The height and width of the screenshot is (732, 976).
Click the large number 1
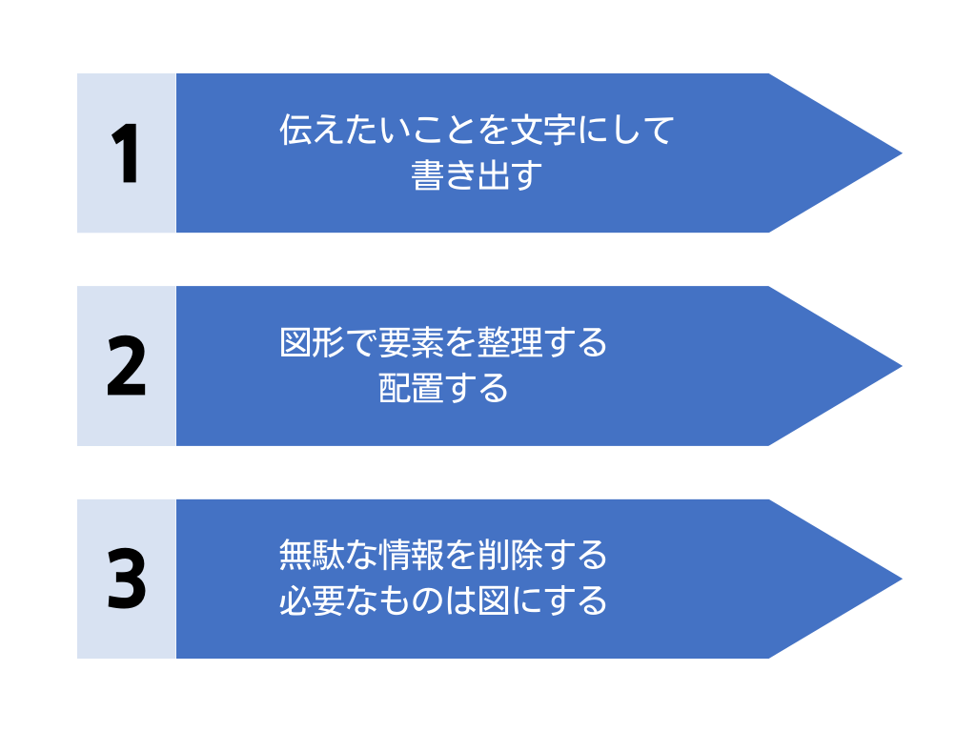[127, 153]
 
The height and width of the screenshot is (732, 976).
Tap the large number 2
[127, 366]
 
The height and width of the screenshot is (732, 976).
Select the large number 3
[127, 579]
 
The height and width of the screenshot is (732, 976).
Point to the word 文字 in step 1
[542, 130]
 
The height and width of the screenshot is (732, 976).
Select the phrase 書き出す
[477, 175]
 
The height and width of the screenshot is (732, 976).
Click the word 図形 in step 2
[312, 343]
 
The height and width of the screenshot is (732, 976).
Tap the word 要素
[410, 343]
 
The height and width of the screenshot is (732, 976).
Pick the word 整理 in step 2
[509, 343]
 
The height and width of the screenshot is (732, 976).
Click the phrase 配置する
[443, 389]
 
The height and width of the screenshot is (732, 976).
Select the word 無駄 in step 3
[312, 556]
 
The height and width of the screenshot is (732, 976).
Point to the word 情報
[410, 556]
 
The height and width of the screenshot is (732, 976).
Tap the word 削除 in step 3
[509, 556]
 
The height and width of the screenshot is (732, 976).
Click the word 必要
[312, 600]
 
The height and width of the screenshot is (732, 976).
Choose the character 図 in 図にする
[493, 600]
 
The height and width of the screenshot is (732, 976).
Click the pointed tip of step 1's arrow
[902, 153]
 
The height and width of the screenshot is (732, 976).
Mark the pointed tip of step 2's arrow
[902, 366]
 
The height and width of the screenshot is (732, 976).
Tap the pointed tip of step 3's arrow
[902, 579]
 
